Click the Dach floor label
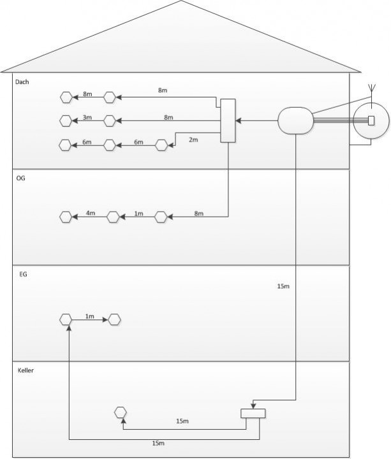coord(22,82)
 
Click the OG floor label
coord(20,178)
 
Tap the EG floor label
coord(23,274)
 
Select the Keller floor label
coord(26,370)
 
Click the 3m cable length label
coord(87,117)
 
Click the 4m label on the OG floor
coord(90,213)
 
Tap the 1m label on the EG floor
coord(90,316)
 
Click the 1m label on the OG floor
coord(138,213)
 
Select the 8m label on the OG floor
coord(199,213)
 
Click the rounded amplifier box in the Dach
coord(295,120)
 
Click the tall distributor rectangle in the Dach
coord(228,120)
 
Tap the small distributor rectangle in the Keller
coord(253,413)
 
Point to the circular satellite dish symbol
coord(371,120)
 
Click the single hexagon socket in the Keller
coord(121,412)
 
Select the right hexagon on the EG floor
coord(114,319)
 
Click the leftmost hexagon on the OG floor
coord(66,217)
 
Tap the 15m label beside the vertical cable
coord(283,287)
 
